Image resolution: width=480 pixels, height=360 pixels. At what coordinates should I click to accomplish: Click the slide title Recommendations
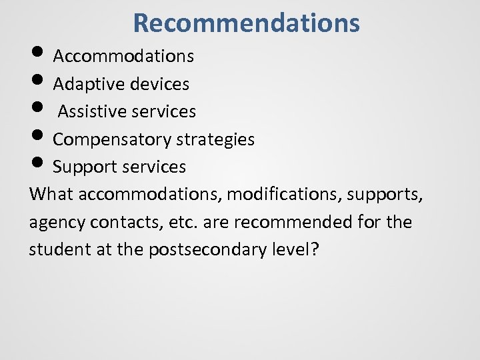246,23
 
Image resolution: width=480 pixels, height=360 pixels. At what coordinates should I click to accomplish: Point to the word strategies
215,139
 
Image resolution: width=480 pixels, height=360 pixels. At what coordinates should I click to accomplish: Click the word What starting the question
51,194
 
